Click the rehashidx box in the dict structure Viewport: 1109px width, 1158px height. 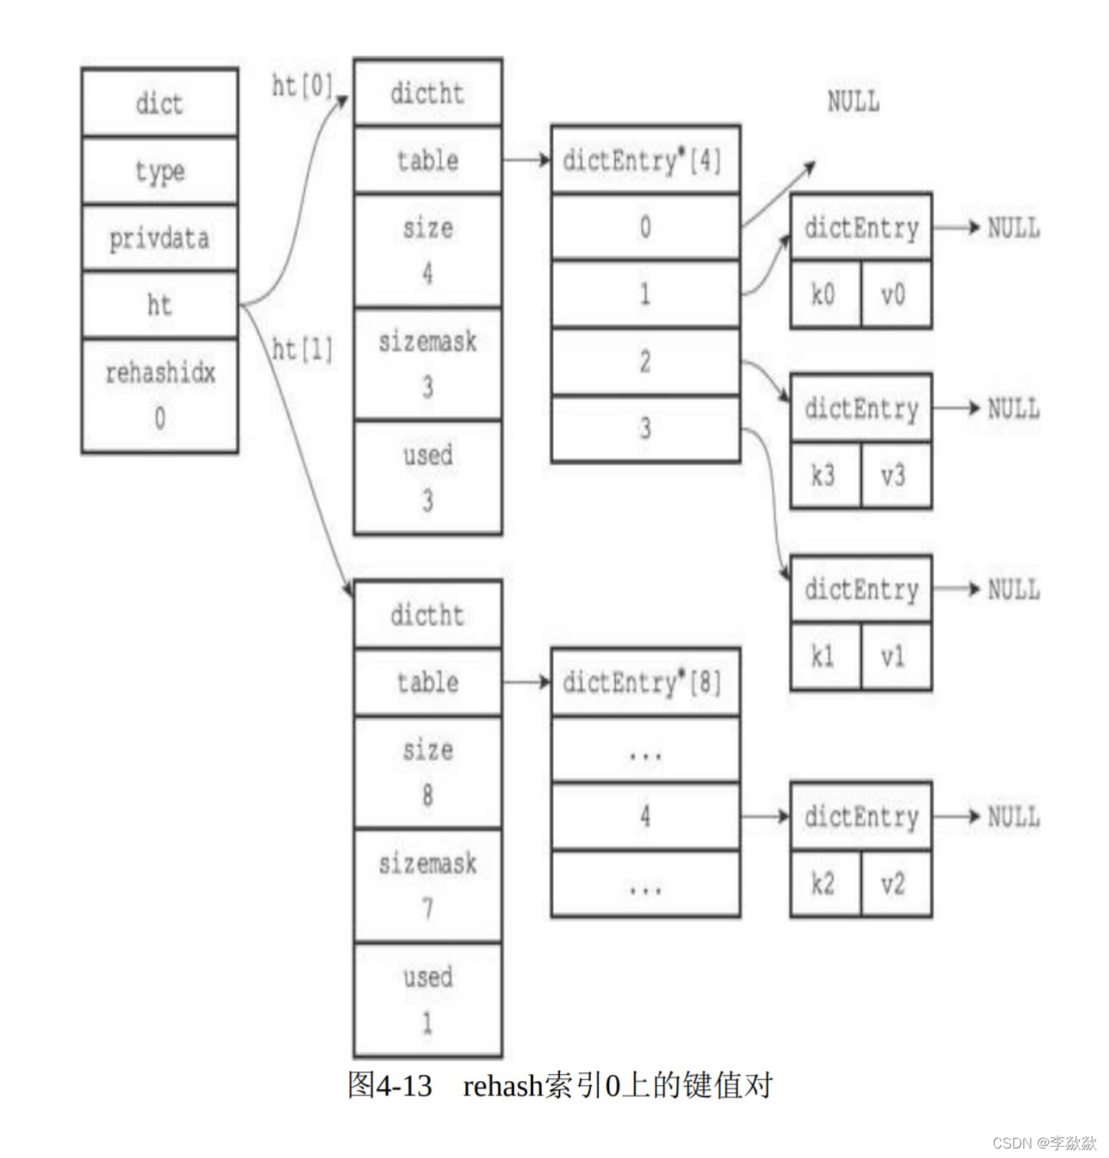[x=159, y=395]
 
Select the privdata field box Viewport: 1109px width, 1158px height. [x=159, y=238]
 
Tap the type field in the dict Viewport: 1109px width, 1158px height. [x=159, y=170]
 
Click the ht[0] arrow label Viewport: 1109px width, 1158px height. [x=302, y=86]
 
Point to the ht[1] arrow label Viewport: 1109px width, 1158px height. [x=302, y=349]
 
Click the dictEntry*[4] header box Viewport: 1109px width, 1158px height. [x=645, y=160]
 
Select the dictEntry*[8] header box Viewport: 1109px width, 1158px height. [x=645, y=682]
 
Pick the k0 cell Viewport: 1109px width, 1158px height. [x=825, y=295]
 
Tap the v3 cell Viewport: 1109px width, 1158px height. [x=895, y=475]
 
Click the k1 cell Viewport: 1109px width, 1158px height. [x=825, y=656]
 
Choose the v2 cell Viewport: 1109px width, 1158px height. [x=895, y=883]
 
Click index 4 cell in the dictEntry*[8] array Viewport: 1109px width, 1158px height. [x=645, y=816]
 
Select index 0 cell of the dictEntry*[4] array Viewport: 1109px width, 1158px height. [x=645, y=227]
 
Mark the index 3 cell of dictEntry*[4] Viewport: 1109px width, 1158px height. [x=645, y=429]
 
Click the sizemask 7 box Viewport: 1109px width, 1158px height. [x=428, y=885]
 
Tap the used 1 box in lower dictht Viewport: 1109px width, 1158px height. [x=428, y=999]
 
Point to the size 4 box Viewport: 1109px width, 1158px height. [x=428, y=250]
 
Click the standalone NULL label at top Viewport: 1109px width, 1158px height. [x=853, y=101]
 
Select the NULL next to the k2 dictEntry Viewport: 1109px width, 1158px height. [x=1013, y=817]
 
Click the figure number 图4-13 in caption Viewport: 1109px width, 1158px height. [x=390, y=1085]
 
